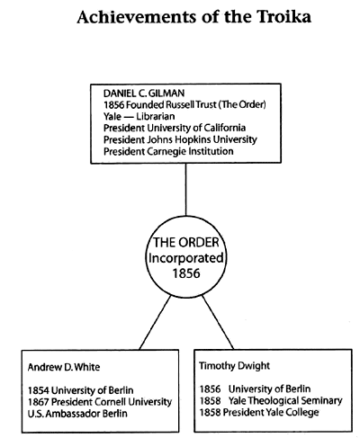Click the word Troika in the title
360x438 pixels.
point(283,17)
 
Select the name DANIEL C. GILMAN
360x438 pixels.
point(144,94)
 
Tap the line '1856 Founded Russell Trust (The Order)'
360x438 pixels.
point(184,104)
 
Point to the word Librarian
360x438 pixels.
point(156,116)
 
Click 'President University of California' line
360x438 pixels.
point(175,128)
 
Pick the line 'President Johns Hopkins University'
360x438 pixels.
point(180,139)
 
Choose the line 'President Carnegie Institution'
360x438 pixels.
point(168,151)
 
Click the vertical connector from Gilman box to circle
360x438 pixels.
point(185,190)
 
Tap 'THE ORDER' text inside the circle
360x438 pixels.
point(186,242)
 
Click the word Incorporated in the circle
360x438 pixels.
point(186,258)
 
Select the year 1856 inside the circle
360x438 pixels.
point(186,273)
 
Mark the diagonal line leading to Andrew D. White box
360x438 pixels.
point(155,323)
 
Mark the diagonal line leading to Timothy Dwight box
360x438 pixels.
point(218,322)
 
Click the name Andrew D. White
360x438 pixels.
point(64,367)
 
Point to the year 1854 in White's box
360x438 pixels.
point(39,390)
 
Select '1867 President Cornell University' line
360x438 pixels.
point(100,402)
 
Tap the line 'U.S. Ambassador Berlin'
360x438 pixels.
point(77,414)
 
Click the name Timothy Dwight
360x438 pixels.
point(235,366)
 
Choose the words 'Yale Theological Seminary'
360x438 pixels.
point(285,400)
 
